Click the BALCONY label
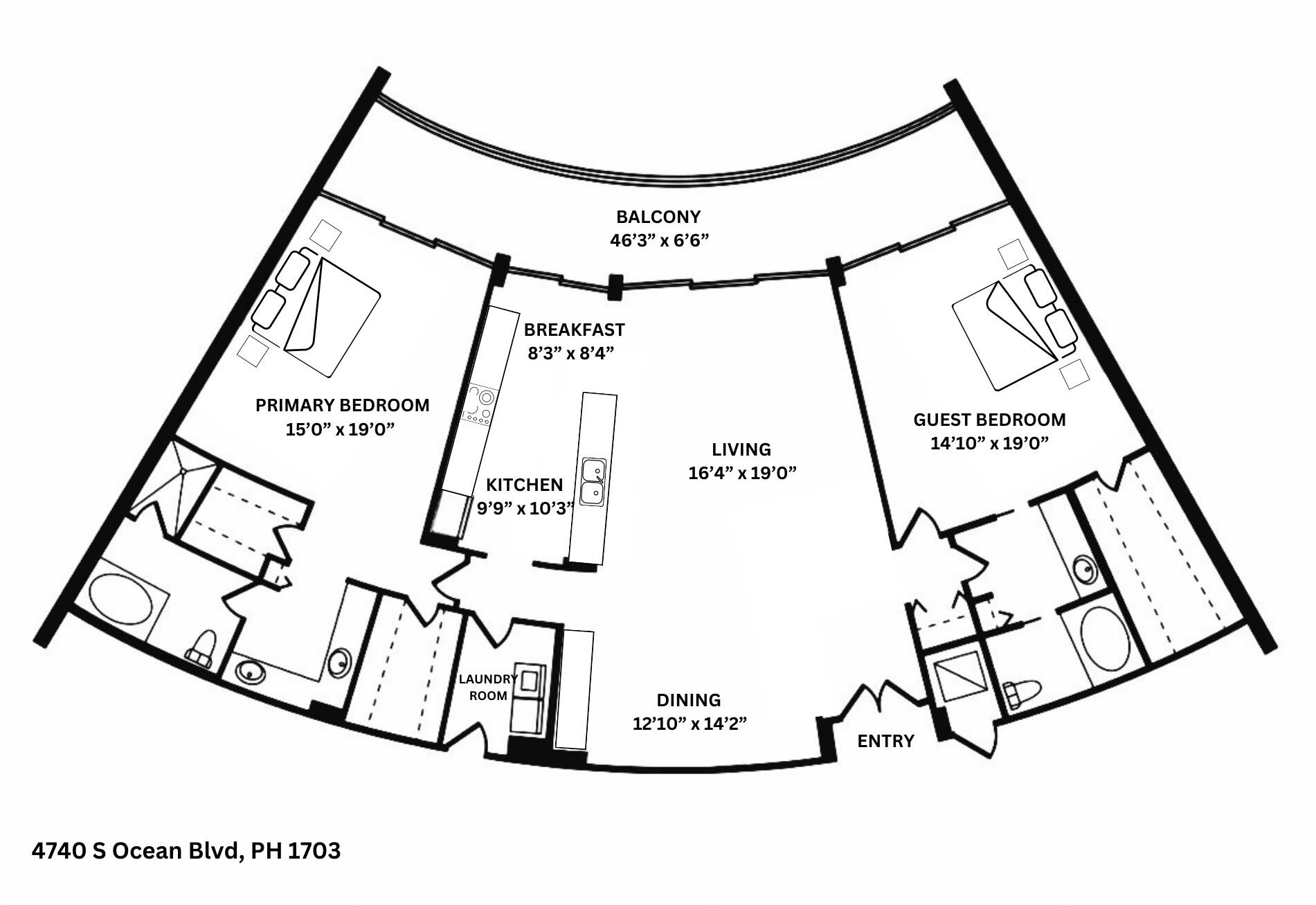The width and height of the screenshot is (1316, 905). click(x=658, y=217)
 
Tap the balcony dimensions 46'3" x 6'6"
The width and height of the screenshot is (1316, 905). click(x=660, y=241)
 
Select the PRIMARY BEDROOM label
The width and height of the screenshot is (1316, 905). click(x=342, y=406)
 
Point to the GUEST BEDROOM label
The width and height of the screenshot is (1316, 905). click(x=989, y=420)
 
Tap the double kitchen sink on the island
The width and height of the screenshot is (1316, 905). click(x=593, y=482)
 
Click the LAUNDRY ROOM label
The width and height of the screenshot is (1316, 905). click(x=488, y=688)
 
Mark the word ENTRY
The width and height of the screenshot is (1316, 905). click(x=885, y=742)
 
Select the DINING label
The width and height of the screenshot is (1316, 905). click(x=689, y=701)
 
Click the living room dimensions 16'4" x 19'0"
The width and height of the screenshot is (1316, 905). click(x=742, y=474)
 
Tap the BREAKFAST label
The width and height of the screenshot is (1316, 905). click(x=574, y=330)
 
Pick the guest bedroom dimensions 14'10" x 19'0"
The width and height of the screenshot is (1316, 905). click(x=989, y=444)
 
